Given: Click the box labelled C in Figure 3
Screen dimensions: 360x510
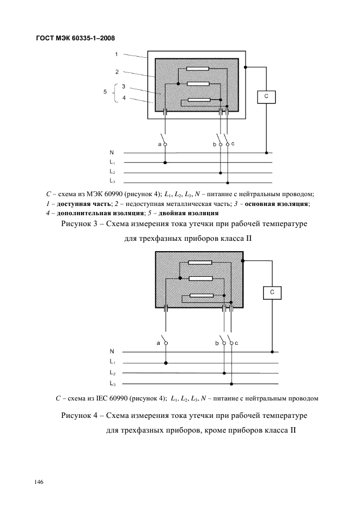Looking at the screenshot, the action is click(x=266, y=96).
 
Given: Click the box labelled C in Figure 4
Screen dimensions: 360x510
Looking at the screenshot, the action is click(x=272, y=293).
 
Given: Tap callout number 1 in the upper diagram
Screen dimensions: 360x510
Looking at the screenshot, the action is click(x=117, y=54).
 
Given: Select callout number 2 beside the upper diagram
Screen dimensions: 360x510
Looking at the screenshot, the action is click(x=117, y=72).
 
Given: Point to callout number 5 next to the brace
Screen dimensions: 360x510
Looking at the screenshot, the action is click(x=105, y=92).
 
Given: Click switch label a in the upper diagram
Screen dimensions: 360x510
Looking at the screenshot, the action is click(x=160, y=144).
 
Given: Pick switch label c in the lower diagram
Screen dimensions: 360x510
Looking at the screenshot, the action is click(x=236, y=343).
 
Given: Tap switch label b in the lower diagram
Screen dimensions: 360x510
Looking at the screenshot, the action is click(x=217, y=343).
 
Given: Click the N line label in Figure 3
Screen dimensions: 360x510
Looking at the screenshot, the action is click(x=112, y=153).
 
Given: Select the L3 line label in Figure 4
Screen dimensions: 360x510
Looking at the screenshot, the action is click(x=113, y=384).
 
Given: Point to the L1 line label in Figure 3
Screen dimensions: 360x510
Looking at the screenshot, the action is click(x=112, y=162).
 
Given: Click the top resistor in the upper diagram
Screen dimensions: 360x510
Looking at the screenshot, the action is click(x=198, y=69).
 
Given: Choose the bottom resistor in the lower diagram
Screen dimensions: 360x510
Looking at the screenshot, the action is click(x=202, y=295).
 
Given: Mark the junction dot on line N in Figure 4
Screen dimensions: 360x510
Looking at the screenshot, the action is click(x=272, y=351).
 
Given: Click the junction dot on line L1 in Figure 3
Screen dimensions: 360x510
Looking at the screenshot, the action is click(x=165, y=162).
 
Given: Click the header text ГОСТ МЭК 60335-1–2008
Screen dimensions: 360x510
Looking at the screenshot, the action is click(x=76, y=38).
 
